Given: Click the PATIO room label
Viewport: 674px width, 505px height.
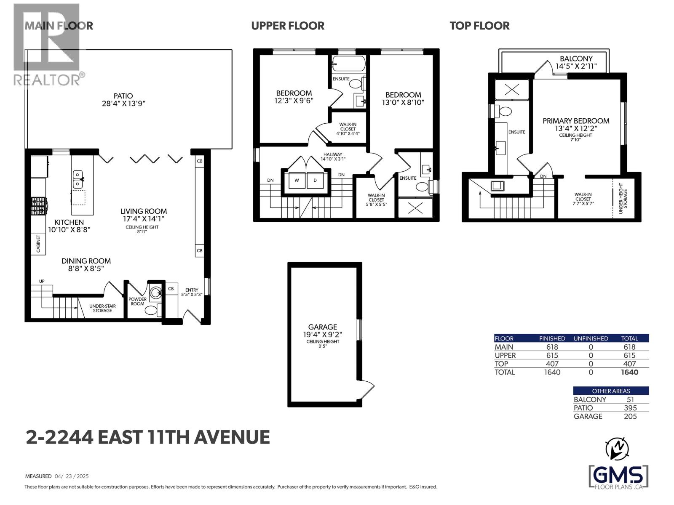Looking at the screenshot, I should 123,96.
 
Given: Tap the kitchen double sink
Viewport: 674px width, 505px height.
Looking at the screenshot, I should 78,179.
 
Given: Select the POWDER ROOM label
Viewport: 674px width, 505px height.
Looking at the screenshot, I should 138,301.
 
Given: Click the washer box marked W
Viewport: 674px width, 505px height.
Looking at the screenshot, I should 297,180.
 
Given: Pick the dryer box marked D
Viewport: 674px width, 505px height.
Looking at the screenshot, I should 315,180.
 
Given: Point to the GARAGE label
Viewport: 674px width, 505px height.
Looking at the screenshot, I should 323,327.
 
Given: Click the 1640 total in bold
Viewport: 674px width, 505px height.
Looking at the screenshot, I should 629,372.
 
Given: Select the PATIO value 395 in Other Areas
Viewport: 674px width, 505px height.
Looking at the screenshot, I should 630,408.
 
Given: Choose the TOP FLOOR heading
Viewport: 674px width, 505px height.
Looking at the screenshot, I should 479,26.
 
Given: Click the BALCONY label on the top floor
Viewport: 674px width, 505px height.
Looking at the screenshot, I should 576,58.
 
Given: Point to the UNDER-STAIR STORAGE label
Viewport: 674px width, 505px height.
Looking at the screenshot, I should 102,308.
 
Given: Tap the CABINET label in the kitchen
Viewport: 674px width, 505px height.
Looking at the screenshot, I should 38,244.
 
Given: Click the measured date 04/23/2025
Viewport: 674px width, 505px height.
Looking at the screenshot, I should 72,476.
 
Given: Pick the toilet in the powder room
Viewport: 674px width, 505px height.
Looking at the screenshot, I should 151,311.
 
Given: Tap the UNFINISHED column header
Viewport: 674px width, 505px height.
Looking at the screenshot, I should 591,338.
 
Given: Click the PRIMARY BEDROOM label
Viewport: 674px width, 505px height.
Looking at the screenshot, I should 575,121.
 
